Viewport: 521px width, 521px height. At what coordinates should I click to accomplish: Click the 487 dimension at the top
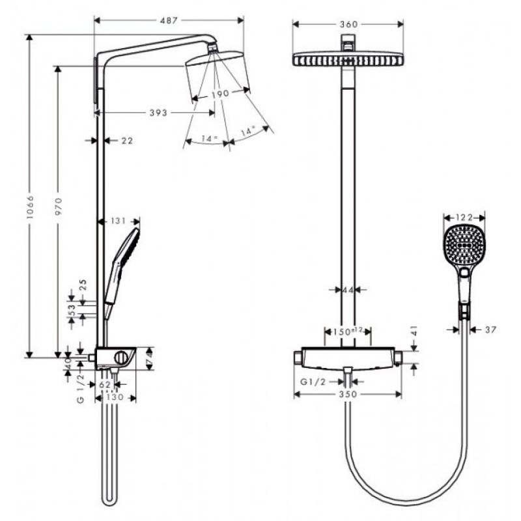coord(169,21)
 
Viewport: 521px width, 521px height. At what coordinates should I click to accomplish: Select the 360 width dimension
coord(349,24)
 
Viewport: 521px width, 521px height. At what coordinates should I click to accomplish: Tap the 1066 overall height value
coord(30,207)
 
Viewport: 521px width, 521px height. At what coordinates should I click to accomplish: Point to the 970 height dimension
coord(59,206)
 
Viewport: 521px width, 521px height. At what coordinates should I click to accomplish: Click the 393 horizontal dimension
coord(158,113)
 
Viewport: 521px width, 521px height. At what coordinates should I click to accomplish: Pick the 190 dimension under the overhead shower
coord(220,94)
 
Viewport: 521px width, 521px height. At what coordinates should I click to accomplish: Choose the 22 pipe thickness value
coord(127,141)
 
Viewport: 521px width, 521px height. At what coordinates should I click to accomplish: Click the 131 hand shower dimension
coord(119,221)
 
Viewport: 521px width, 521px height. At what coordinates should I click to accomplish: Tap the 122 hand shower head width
coord(464,218)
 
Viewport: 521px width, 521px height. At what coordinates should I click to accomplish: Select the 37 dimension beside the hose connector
coord(490,330)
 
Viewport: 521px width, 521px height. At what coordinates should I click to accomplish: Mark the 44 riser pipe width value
coord(348,290)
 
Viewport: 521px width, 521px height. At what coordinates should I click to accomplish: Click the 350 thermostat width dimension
coord(348,395)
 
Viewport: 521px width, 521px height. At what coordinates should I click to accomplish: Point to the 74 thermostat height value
coord(150,359)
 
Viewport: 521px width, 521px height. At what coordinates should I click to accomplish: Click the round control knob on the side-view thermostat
coord(121,358)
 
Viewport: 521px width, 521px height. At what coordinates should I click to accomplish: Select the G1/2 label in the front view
coord(313,382)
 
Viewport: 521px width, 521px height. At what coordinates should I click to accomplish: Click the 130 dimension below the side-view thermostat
coord(115,397)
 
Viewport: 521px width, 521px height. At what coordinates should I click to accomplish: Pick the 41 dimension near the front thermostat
coord(414,331)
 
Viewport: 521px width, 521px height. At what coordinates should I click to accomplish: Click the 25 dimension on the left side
coord(83,285)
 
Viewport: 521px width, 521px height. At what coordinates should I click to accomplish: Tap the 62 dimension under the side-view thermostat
coord(105,384)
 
